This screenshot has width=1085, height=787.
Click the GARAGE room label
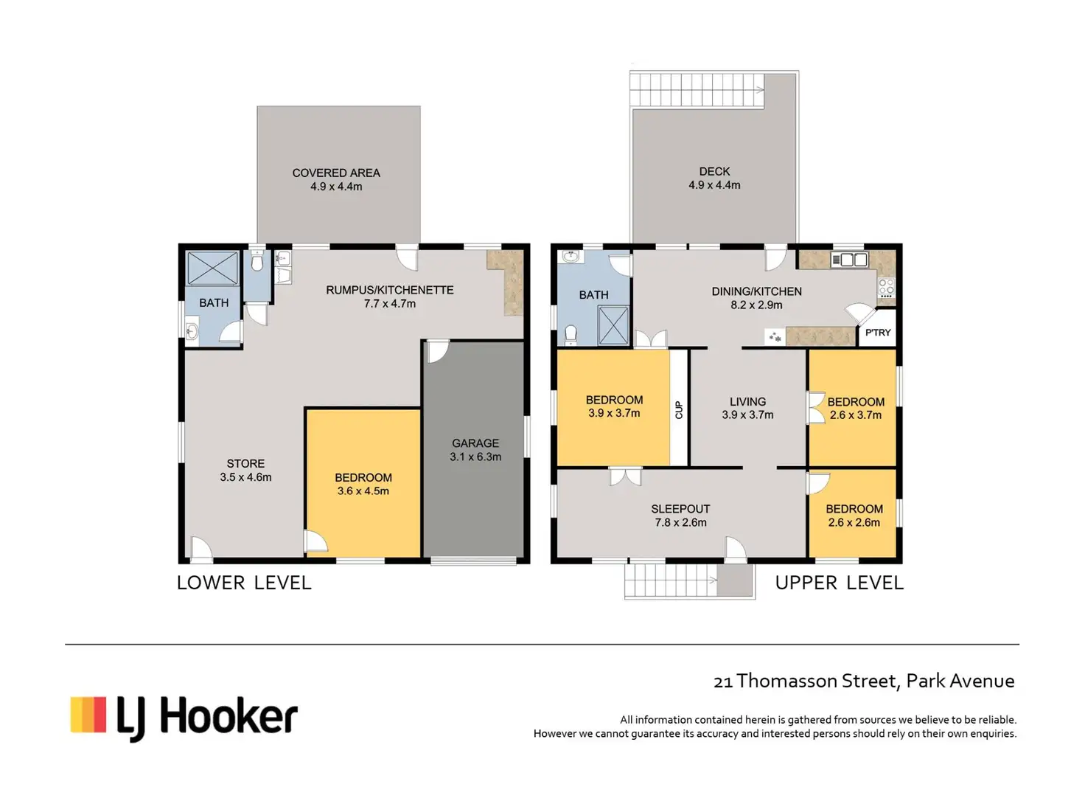pyautogui.click(x=475, y=443)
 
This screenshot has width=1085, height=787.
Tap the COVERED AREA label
pyautogui.click(x=336, y=173)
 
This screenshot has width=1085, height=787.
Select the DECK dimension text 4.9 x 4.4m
pyautogui.click(x=714, y=185)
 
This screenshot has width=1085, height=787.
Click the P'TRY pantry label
pyautogui.click(x=878, y=333)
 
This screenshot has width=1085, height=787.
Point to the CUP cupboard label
pyautogui.click(x=679, y=409)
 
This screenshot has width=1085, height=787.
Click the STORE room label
pyautogui.click(x=245, y=463)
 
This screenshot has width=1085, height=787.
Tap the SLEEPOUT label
pyautogui.click(x=680, y=509)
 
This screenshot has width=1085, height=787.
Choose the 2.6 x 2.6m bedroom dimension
pyautogui.click(x=854, y=522)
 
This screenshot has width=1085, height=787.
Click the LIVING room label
pyautogui.click(x=748, y=402)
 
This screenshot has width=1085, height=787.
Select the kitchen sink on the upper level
pyautogui.click(x=849, y=260)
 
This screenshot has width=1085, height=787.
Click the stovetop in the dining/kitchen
pyautogui.click(x=887, y=288)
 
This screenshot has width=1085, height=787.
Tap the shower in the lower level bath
pyautogui.click(x=212, y=268)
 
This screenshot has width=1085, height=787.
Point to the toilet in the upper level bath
pyautogui.click(x=571, y=334)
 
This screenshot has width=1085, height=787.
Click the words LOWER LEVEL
pyautogui.click(x=244, y=583)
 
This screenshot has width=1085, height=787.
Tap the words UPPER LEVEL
pyautogui.click(x=839, y=583)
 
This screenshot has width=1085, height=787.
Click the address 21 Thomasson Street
pyautogui.click(x=806, y=681)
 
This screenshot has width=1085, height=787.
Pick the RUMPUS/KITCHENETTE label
pyautogui.click(x=390, y=291)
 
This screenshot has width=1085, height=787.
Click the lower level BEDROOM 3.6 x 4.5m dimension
pyautogui.click(x=363, y=491)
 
